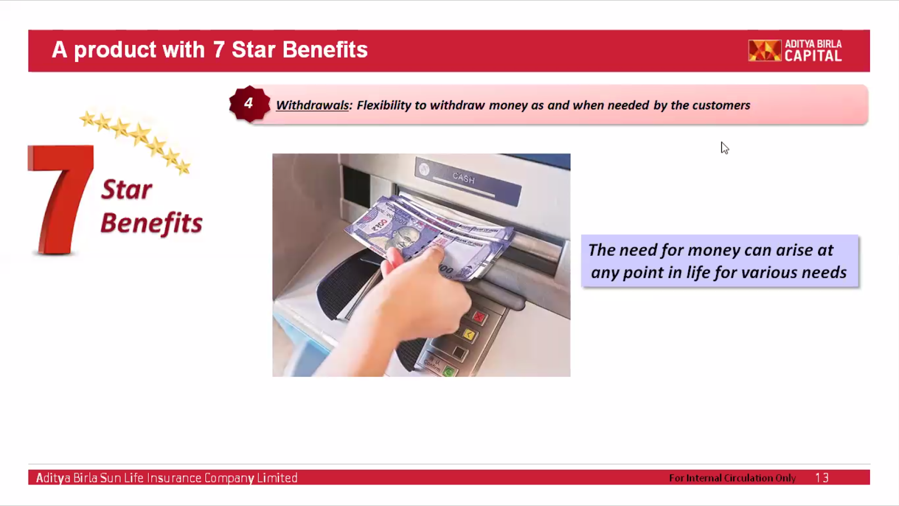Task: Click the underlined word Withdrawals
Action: [312, 105]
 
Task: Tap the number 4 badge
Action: [249, 103]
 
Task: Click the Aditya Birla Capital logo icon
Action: [765, 51]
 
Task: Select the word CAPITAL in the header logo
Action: [813, 56]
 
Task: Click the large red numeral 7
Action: [61, 200]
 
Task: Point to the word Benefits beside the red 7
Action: [151, 223]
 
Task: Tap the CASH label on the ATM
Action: [464, 178]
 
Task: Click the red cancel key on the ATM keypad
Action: [478, 317]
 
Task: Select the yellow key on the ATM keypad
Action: [469, 335]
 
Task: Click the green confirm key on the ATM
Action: [449, 371]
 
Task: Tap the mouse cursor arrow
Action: [724, 148]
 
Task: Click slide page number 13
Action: [821, 477]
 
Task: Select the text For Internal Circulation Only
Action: [733, 478]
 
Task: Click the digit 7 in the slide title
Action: [219, 50]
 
